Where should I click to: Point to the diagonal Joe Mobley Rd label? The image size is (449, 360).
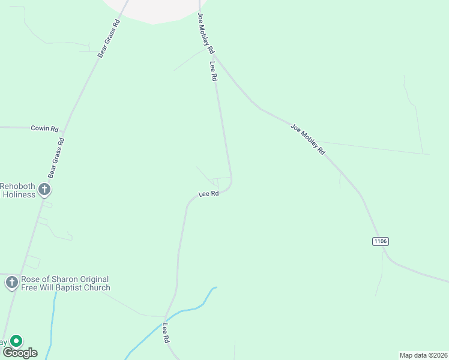tap(307, 139)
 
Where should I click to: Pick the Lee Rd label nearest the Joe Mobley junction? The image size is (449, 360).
tap(213, 71)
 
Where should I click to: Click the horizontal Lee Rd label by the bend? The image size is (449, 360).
tap(208, 194)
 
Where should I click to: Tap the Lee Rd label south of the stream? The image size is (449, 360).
tap(165, 333)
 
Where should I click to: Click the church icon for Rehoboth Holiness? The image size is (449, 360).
tap(44, 190)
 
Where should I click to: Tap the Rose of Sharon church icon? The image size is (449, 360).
tap(11, 283)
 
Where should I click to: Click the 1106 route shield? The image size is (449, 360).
tap(381, 241)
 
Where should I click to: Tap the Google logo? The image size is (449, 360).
tap(20, 352)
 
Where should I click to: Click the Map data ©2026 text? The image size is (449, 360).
tap(423, 355)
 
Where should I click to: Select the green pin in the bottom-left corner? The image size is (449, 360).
tap(16, 341)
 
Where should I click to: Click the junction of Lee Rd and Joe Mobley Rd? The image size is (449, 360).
tap(214, 57)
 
